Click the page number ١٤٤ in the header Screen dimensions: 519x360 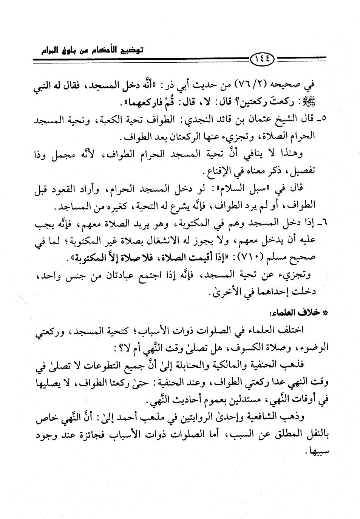point(263,58)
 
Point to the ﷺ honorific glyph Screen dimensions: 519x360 point(320,103)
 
